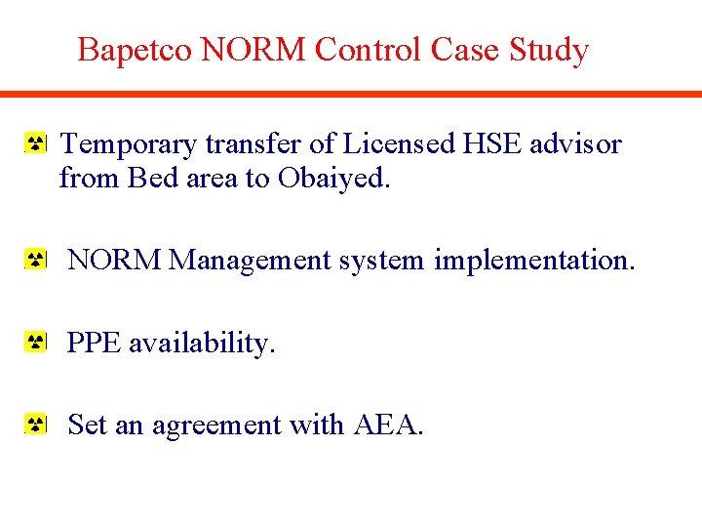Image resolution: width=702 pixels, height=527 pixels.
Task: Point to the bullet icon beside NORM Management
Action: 35,261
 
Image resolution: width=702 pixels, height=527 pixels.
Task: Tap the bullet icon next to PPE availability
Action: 35,343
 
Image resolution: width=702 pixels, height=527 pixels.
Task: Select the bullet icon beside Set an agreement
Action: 35,426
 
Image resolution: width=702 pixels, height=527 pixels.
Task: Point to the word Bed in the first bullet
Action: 156,179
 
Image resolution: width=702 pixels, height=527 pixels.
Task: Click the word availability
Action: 202,343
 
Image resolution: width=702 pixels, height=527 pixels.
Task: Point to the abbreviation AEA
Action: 388,426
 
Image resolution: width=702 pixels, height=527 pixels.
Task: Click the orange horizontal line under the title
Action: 351,94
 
